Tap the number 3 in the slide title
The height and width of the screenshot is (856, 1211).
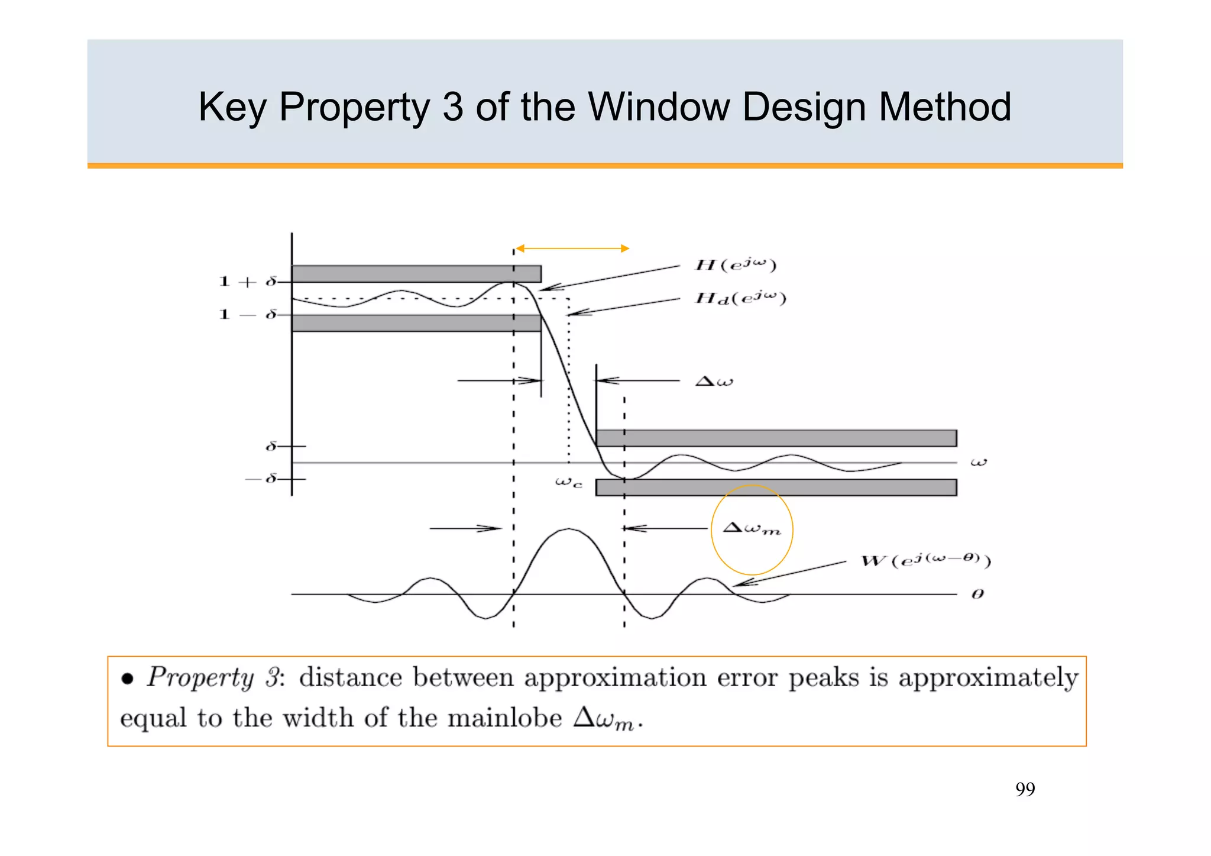pos(452,107)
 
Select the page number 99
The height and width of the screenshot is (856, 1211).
pos(1025,789)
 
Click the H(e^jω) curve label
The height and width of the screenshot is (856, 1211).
pos(735,264)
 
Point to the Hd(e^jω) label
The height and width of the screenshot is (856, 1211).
pos(740,298)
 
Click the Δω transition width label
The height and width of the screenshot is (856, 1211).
pos(714,381)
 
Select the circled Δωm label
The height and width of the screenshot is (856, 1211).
pos(752,528)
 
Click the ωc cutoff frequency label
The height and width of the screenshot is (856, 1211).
pos(568,483)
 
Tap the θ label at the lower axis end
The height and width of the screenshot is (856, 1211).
pos(977,594)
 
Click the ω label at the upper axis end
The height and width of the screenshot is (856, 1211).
pos(979,462)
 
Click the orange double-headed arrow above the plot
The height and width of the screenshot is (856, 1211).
pos(572,248)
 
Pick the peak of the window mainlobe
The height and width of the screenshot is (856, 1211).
pos(569,529)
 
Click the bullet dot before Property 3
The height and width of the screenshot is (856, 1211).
pos(127,679)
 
